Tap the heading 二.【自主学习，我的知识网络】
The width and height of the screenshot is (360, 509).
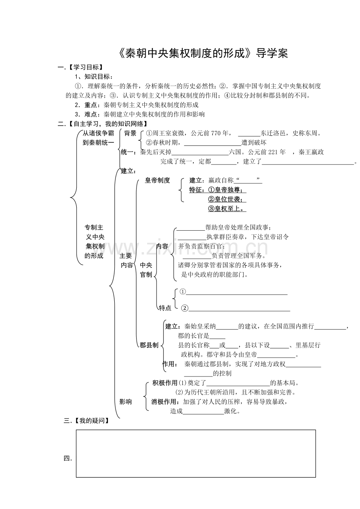pos(103,124)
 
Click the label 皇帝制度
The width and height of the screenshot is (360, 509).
pos(157,180)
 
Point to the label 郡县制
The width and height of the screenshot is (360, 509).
pos(149,345)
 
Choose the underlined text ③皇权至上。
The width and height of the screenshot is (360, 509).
pos(227,208)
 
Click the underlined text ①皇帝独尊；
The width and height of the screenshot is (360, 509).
pos(227,190)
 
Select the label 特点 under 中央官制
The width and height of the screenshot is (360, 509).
pos(165,308)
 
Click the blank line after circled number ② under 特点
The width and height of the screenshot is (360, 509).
pos(239,310)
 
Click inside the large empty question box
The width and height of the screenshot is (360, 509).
pos(196,453)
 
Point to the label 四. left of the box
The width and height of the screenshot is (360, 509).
pos(68,459)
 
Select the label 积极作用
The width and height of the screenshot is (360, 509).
pos(165,382)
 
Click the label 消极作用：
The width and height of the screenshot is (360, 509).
pos(166,401)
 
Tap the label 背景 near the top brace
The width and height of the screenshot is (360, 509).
pos(130,133)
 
